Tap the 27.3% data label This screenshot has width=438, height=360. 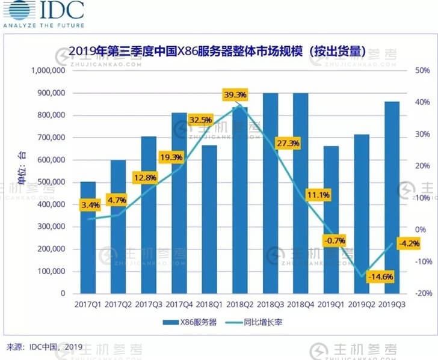pos(288,144)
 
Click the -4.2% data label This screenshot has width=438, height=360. pos(409,243)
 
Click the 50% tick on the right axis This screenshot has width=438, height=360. pos(423,71)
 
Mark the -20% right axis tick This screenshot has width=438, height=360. pos(422,293)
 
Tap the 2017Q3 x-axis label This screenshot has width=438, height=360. pos(149,305)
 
